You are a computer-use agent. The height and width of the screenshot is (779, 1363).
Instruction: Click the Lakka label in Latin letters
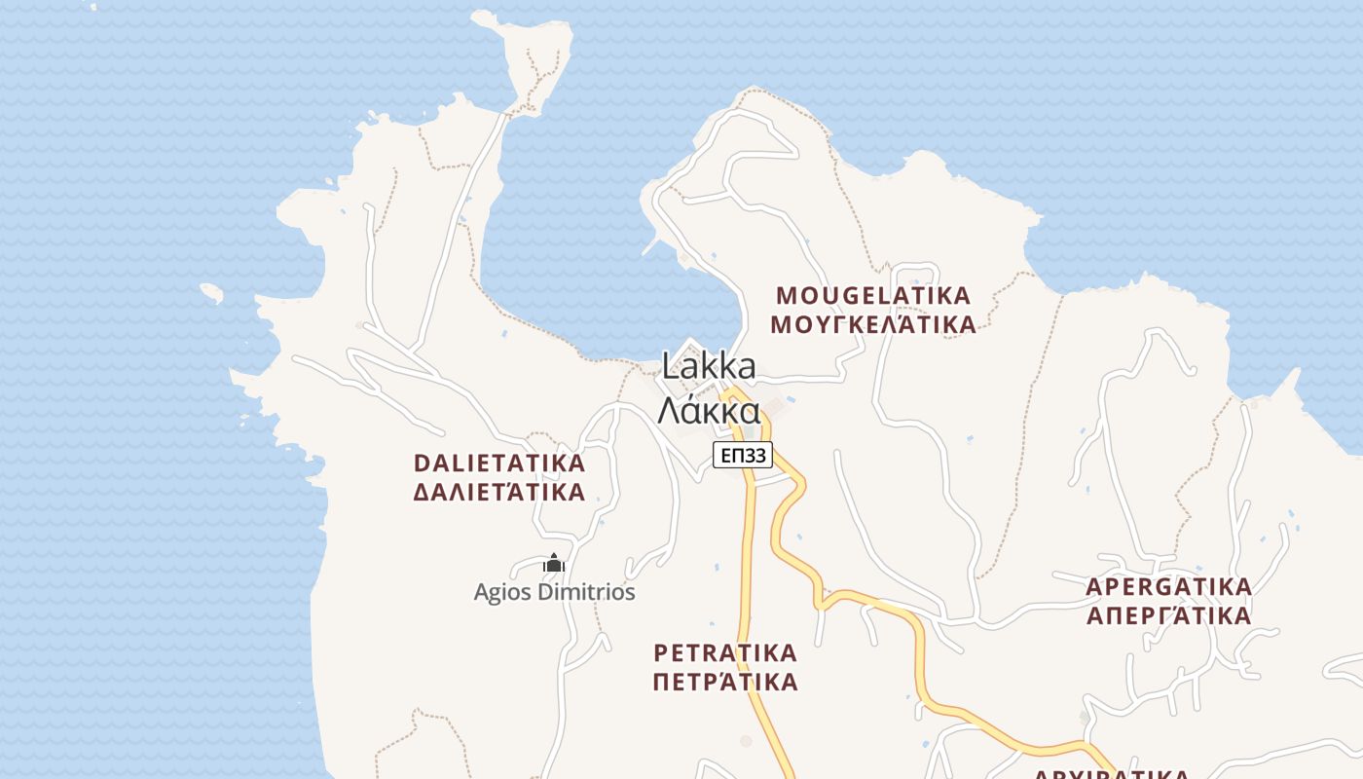click(709, 367)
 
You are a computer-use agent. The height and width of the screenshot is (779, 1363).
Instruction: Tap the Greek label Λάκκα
click(709, 411)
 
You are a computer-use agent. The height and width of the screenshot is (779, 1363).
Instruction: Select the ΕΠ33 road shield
click(742, 455)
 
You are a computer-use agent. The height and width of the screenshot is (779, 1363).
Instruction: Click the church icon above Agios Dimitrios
click(554, 564)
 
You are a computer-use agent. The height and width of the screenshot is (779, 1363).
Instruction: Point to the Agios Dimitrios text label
click(554, 592)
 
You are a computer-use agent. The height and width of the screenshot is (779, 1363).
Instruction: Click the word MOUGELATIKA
click(873, 295)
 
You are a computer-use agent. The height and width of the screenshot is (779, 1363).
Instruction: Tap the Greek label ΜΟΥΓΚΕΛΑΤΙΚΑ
click(873, 324)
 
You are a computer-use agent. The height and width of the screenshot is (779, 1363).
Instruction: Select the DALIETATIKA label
click(499, 464)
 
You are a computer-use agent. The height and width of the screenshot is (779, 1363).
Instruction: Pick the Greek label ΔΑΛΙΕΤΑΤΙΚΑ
click(499, 492)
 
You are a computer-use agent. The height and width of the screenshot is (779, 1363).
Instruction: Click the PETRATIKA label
click(725, 652)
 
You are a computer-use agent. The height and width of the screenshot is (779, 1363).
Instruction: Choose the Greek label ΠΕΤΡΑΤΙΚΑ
click(725, 681)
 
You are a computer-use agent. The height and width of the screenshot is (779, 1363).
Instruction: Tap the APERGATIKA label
click(1168, 587)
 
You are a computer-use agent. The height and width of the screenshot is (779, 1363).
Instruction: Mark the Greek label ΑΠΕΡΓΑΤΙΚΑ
click(1168, 615)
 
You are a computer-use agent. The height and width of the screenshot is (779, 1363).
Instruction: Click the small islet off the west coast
click(211, 292)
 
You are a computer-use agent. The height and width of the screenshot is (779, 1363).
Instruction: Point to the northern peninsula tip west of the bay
click(531, 39)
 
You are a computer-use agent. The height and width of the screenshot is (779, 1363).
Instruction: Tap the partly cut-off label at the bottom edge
click(1110, 774)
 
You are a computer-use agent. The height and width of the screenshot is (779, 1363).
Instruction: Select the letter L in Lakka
click(670, 367)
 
